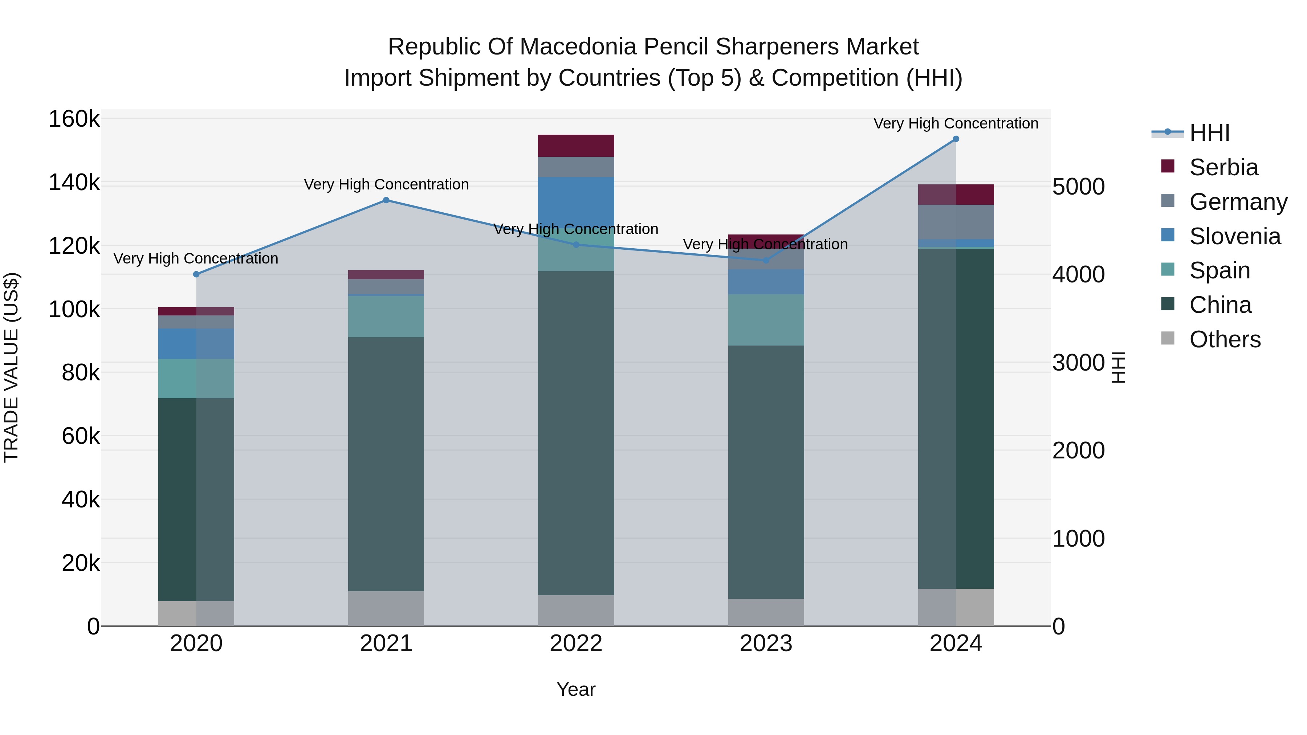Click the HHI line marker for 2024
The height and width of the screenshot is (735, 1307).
point(956,139)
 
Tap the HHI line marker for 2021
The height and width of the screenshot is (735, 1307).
point(386,200)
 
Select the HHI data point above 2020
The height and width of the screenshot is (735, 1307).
point(196,274)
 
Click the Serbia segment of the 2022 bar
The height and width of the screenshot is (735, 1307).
point(576,146)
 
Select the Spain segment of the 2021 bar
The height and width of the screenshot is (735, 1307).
point(386,317)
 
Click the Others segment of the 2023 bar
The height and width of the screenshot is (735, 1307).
point(766,612)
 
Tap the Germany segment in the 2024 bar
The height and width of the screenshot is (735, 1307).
point(956,222)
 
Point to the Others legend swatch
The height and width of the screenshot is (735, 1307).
point(1168,338)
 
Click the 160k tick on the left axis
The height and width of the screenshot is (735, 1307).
point(74,119)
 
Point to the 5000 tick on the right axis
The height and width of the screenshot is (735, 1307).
point(1078,187)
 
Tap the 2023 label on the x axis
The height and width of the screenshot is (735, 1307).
point(766,644)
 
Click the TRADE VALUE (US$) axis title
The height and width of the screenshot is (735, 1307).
point(11,367)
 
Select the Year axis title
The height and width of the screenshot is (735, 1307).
point(576,689)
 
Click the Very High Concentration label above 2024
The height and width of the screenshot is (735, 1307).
point(956,123)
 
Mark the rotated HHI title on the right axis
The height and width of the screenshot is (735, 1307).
point(1118,367)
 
